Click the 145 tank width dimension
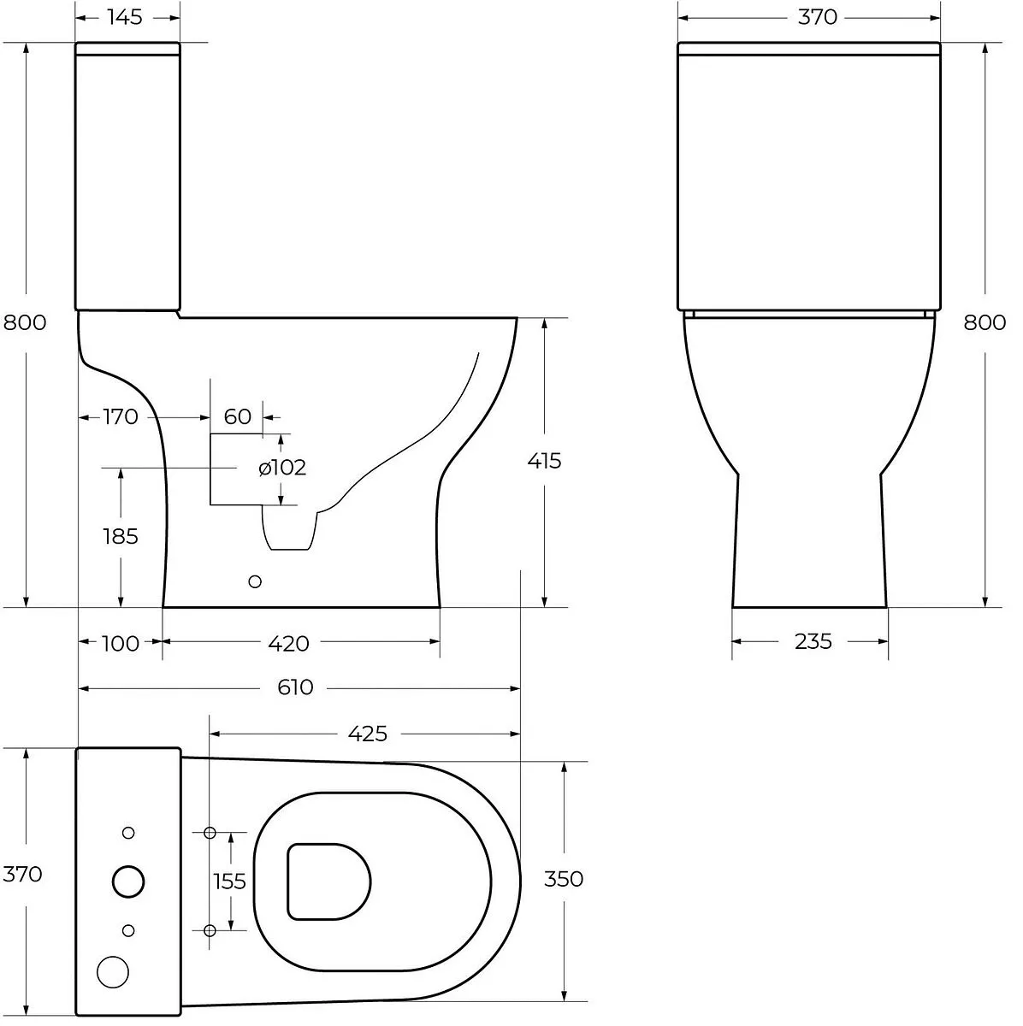pos(125,18)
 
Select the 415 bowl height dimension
pos(544,461)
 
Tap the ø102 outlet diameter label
pos(282,468)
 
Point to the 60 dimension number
pos(237,417)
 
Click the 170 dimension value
pos(121,417)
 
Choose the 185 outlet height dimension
pos(121,537)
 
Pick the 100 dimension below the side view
pos(121,644)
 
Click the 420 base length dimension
pos(288,644)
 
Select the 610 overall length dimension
pos(295,687)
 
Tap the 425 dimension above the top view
pos(367,734)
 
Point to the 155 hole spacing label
pos(229,882)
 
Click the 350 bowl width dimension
pos(563,879)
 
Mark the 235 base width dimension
pos(813,642)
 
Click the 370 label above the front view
pos(817,18)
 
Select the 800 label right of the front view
pos(985,322)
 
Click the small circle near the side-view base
pos(255,582)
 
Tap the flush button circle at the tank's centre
pos(128,882)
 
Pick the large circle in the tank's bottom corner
pos(113,972)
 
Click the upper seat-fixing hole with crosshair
pos(210,832)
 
